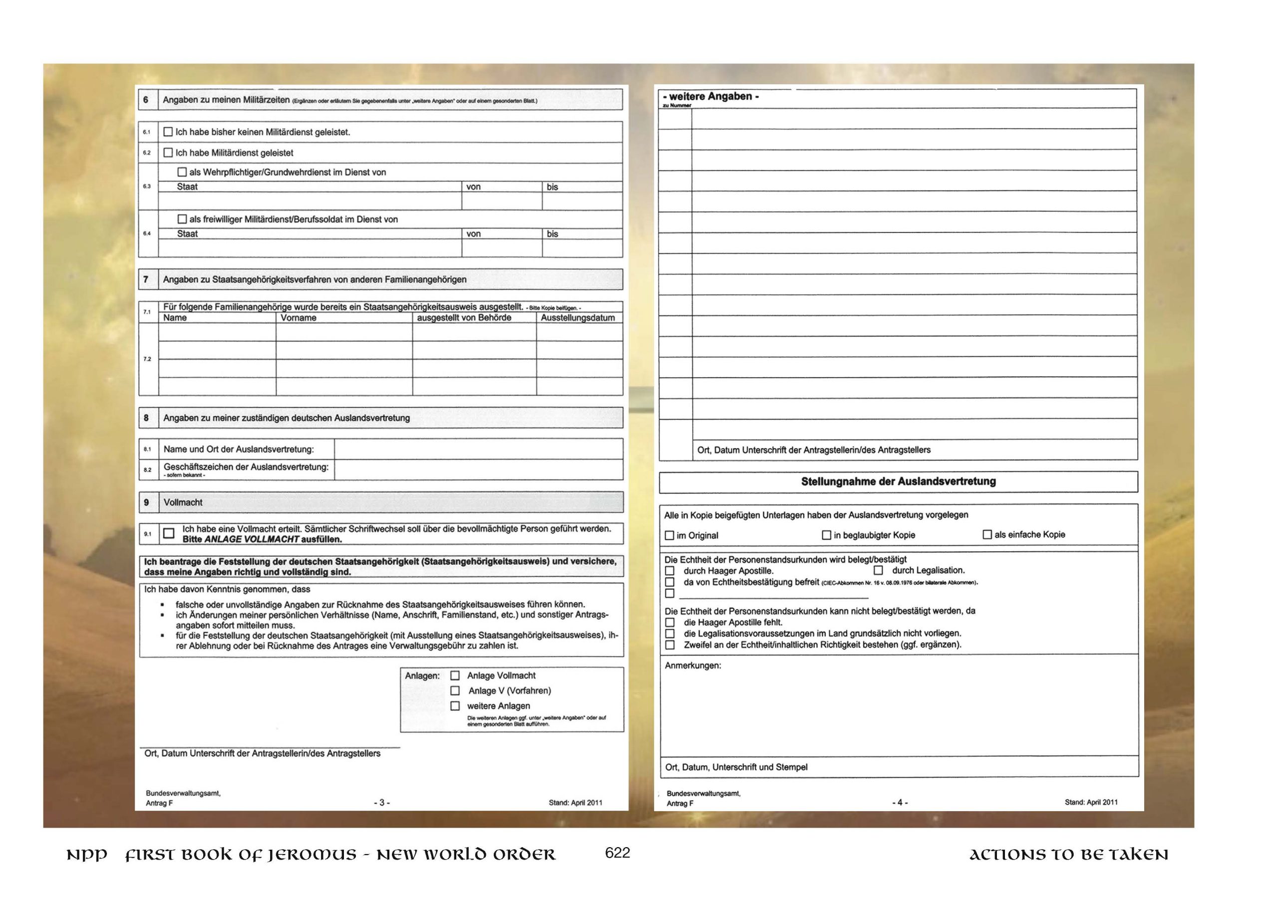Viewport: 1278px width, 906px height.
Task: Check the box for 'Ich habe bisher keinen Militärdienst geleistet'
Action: click(168, 132)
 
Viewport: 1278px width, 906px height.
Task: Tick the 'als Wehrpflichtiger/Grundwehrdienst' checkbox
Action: click(182, 173)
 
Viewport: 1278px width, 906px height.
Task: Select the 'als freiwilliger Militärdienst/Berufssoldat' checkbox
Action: click(182, 219)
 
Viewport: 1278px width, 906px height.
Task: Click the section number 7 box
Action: click(146, 279)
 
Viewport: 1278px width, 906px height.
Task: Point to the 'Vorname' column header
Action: click(299, 318)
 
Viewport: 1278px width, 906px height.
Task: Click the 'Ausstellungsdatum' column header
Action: click(578, 318)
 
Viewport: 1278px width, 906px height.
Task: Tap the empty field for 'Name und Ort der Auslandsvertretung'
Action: click(478, 449)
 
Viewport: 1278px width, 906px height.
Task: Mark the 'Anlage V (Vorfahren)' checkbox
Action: click(455, 690)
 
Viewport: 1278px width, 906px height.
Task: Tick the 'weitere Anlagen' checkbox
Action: click(455, 706)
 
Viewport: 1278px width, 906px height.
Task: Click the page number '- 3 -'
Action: click(382, 803)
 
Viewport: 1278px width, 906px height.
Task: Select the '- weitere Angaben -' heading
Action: click(711, 96)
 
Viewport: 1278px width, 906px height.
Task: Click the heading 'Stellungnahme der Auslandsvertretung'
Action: click(898, 481)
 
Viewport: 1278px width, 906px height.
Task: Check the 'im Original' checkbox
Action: click(669, 535)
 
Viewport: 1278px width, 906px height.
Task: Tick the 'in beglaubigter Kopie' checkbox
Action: click(827, 535)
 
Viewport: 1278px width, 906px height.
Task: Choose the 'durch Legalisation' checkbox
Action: click(879, 570)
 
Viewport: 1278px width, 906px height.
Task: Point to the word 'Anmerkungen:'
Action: click(692, 666)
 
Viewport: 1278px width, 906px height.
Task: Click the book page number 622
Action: click(617, 853)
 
